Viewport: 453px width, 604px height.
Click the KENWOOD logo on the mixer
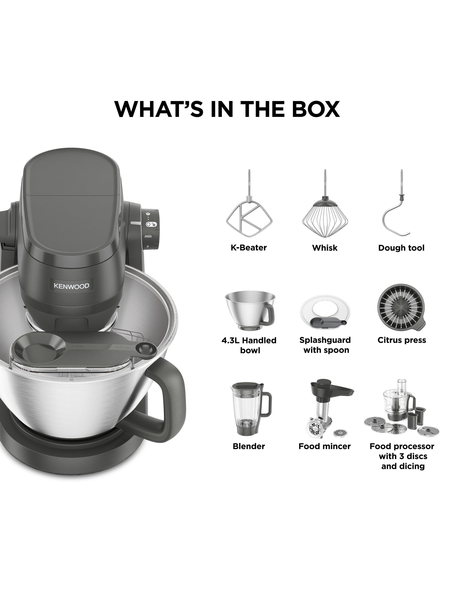pos(71,286)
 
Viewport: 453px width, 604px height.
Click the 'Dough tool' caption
pos(401,248)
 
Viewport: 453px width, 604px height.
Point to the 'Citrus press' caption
pos(402,340)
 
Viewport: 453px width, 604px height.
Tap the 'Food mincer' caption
pos(324,446)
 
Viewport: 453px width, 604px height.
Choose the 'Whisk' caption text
pos(325,248)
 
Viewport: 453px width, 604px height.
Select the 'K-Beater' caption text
pos(248,248)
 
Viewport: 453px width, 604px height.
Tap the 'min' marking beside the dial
pos(148,236)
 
